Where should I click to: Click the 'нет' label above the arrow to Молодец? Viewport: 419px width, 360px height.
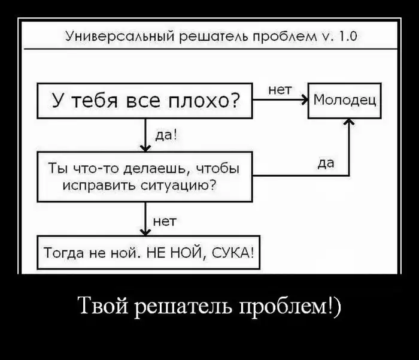click(x=280, y=90)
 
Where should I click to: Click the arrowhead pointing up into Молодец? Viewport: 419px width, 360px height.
click(x=349, y=122)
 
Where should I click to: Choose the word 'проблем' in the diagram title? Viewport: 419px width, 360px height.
click(x=289, y=37)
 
